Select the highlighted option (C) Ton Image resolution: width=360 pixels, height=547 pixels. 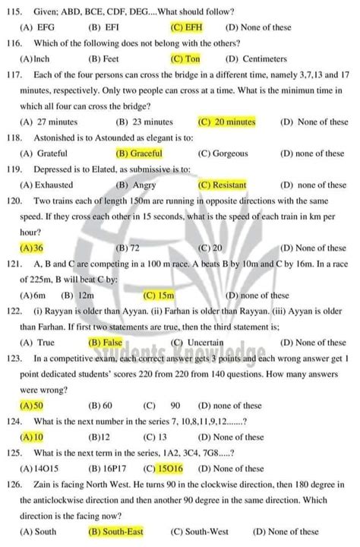tap(186, 58)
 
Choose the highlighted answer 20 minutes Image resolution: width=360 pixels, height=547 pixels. tap(226, 122)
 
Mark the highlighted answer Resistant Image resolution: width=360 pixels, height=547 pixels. tap(223, 185)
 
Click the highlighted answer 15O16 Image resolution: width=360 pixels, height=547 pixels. tap(180, 469)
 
